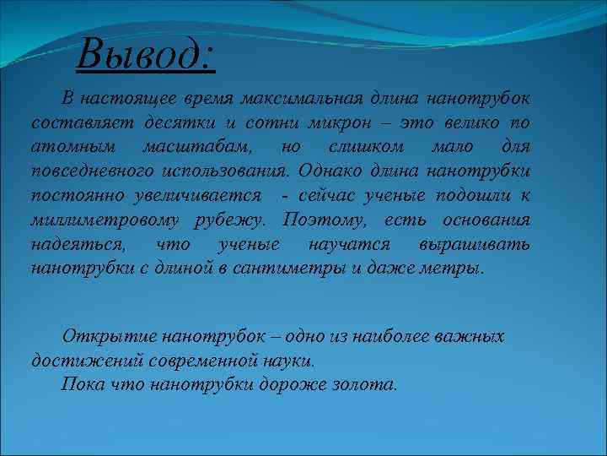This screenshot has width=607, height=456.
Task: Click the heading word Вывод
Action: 145,56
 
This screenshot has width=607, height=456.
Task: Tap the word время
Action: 207,98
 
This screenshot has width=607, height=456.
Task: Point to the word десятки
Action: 158,122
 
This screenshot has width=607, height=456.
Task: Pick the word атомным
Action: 71,147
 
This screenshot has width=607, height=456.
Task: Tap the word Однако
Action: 330,171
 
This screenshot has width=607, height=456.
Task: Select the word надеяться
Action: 78,245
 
